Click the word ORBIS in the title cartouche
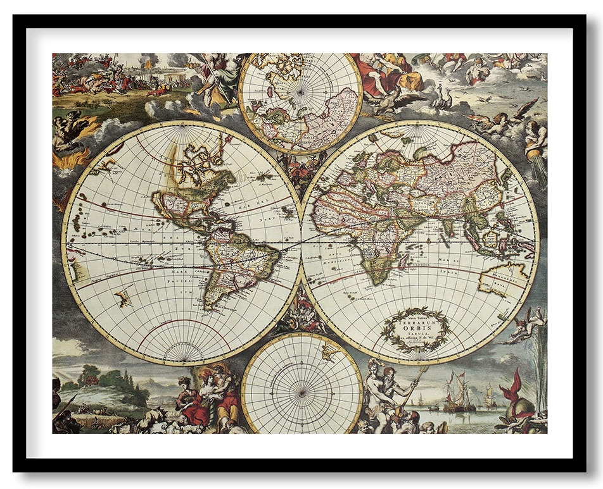pyautogui.click(x=416, y=330)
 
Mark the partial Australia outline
pyautogui.click(x=502, y=278)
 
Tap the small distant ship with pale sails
pyautogui.click(x=489, y=397)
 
